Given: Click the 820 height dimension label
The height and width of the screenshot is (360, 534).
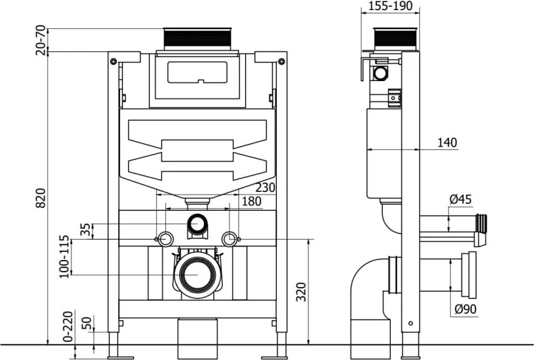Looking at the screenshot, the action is click(41, 198).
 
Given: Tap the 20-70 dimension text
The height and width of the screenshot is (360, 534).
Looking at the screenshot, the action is click(41, 40).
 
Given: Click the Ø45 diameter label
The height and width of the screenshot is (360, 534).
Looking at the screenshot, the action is click(460, 199).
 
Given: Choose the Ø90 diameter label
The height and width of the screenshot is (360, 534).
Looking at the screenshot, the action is click(466, 309).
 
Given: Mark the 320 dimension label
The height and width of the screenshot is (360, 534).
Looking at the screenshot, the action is click(301, 292).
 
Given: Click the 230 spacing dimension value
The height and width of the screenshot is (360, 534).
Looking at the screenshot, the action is click(265, 188).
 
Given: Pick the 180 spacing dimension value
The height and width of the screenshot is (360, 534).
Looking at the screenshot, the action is click(251, 201).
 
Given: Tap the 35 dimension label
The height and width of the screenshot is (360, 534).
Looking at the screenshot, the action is click(85, 230).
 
